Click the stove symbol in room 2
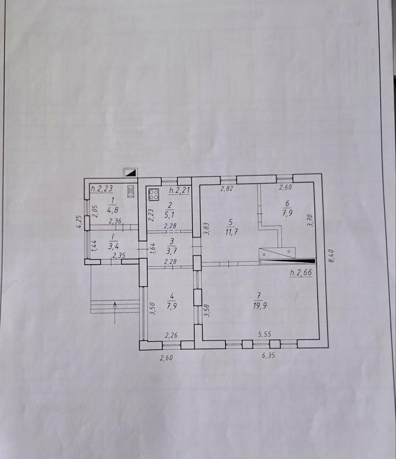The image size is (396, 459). pos(154,195)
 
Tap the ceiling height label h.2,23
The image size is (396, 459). pos(102,189)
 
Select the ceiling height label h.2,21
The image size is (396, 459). pos(179,190)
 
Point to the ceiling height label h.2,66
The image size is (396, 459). pos(301,272)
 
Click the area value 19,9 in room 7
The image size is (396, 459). pos(260,306)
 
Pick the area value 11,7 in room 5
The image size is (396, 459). pos(232,232)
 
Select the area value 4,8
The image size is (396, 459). pos(112,210)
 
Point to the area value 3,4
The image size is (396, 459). pos(113,246)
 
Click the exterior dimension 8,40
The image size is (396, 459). pos(331,256)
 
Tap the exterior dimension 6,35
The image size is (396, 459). pos(268,355)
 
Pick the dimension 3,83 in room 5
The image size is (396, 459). pos(206,229)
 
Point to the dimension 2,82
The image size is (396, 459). pos(227,189)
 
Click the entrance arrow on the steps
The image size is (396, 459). pos(115,313)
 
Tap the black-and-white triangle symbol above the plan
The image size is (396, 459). pos(130,173)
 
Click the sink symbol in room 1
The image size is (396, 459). pos(130,191)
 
